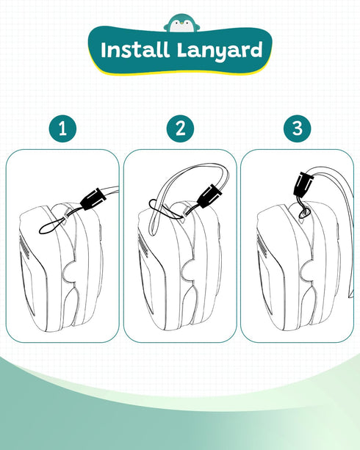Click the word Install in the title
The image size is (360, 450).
click(134, 50)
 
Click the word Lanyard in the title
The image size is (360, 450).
click(220, 51)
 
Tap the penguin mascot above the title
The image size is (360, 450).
click(182, 23)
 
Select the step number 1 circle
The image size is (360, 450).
click(62, 128)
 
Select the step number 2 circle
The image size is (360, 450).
click(180, 128)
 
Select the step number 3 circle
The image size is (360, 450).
click(297, 128)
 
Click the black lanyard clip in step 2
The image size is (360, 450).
click(210, 196)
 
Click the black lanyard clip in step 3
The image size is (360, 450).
click(303, 184)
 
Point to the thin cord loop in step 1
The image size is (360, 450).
click(54, 225)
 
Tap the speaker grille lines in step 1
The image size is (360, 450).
click(25, 247)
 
